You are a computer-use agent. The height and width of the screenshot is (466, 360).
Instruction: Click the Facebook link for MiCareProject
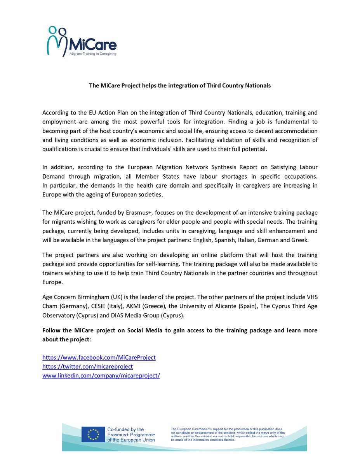pyautogui.click(x=99, y=357)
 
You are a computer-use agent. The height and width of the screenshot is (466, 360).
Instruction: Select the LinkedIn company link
pyautogui.click(x=101, y=376)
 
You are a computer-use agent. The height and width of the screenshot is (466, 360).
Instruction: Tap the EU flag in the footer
pyautogui.click(x=93, y=434)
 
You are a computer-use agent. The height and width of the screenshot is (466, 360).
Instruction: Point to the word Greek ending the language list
pyautogui.click(x=300, y=240)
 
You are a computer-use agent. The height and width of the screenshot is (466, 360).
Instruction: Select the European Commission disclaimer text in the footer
pyautogui.click(x=228, y=434)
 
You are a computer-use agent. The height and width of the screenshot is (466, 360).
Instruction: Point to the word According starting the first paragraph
pyautogui.click(x=56, y=113)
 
